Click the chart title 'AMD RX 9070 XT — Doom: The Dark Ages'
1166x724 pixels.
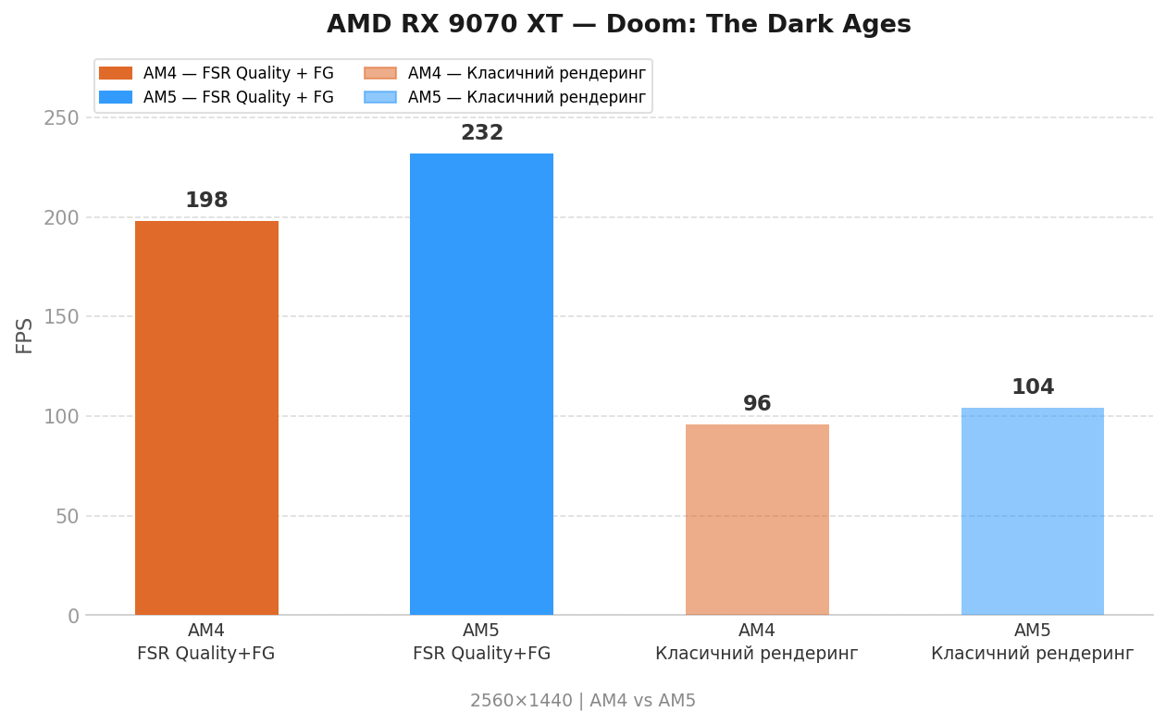(x=618, y=25)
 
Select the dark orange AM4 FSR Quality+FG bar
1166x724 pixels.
(x=206, y=417)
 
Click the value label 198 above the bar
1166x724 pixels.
(x=206, y=201)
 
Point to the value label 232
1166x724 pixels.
(x=481, y=133)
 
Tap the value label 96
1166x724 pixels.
(x=757, y=404)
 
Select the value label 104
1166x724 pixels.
(x=1032, y=387)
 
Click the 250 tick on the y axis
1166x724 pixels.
(x=61, y=118)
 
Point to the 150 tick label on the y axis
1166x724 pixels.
(x=61, y=317)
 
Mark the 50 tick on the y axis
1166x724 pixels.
(x=67, y=516)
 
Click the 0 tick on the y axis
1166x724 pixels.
(x=73, y=616)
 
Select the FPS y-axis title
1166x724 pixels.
(x=25, y=335)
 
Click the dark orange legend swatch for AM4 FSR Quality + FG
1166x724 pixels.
(x=116, y=73)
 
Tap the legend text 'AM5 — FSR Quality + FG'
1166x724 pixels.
(x=238, y=97)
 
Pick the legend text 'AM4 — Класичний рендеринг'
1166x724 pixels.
(x=526, y=73)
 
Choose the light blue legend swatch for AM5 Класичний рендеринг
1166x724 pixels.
(x=380, y=97)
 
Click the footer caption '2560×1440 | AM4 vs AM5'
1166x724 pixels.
(x=582, y=701)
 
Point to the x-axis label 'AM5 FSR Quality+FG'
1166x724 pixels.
(x=481, y=643)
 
